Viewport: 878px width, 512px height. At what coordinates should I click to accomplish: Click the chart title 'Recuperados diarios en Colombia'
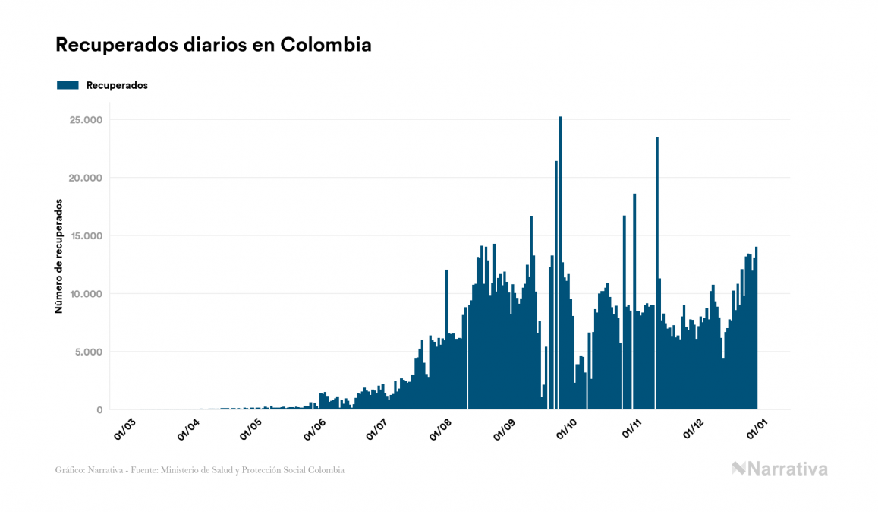tap(213, 45)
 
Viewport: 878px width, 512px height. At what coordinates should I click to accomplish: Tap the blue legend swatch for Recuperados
tap(68, 85)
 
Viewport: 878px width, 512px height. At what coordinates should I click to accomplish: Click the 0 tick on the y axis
tap(99, 410)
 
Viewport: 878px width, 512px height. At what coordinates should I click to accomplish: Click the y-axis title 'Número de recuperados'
tap(58, 256)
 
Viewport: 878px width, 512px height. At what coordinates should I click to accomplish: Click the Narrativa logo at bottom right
tap(779, 469)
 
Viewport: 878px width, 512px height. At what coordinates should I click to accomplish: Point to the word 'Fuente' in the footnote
tap(157, 470)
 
